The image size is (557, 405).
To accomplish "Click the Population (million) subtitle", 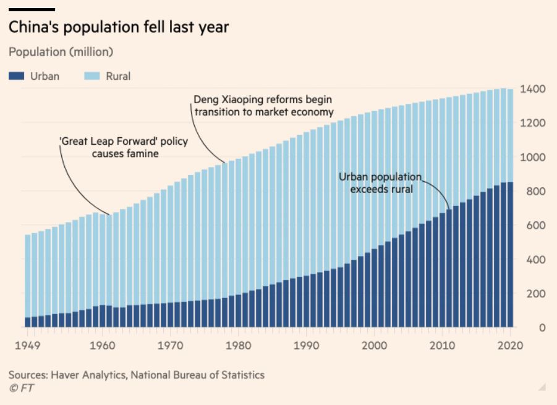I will coord(61,51).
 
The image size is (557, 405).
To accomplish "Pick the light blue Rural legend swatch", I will coord(91,76).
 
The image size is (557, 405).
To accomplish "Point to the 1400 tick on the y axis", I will coord(532,89).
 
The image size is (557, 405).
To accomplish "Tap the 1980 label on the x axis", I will coord(236,344).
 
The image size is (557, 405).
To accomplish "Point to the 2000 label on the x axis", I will coord(375,344).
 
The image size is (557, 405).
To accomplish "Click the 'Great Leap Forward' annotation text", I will coord(124,148).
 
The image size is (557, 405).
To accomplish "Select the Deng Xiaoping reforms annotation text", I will coord(263,106).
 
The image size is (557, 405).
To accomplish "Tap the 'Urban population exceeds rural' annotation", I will coord(380,183).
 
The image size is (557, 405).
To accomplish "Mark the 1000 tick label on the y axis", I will coord(532,158).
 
